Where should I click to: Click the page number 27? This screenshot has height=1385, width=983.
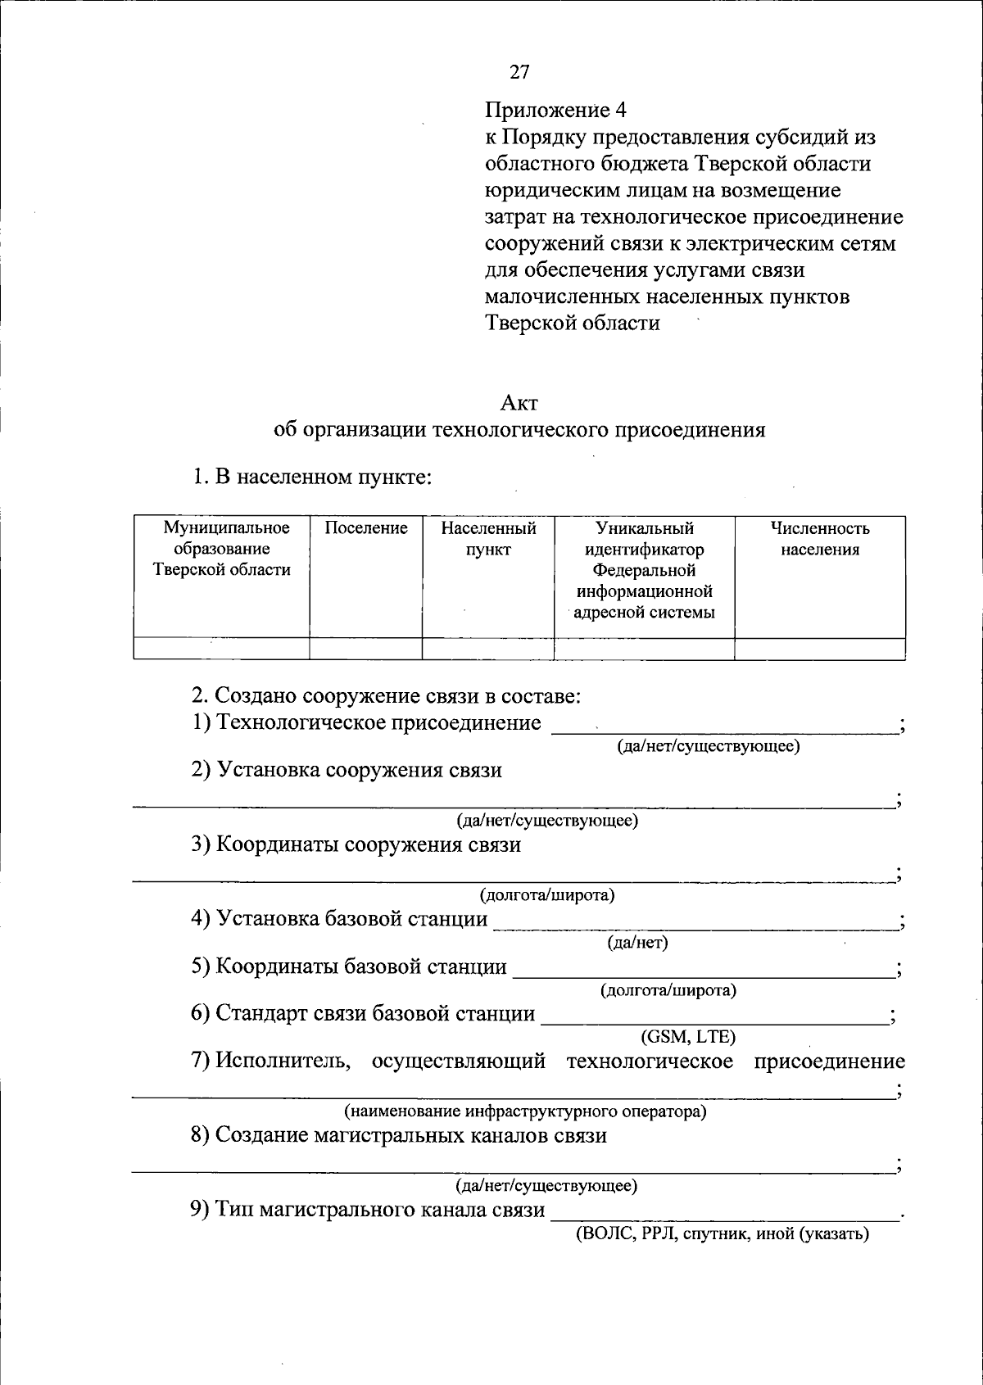click(519, 72)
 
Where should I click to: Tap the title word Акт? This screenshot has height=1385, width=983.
click(519, 403)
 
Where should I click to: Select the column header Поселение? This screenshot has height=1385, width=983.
click(365, 528)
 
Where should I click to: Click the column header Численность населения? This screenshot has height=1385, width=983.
click(819, 539)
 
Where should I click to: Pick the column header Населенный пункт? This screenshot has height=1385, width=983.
click(488, 539)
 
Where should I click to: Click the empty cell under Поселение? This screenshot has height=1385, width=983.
click(365, 649)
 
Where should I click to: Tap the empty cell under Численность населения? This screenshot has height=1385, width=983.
click(819, 649)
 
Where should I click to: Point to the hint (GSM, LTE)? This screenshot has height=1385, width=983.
click(688, 1037)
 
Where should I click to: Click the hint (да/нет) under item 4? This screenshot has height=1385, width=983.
click(637, 943)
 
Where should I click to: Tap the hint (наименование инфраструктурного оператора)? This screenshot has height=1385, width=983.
click(524, 1111)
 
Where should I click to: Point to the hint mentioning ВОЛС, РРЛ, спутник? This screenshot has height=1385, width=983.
click(721, 1233)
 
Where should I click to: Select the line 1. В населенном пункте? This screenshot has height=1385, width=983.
click(311, 477)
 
